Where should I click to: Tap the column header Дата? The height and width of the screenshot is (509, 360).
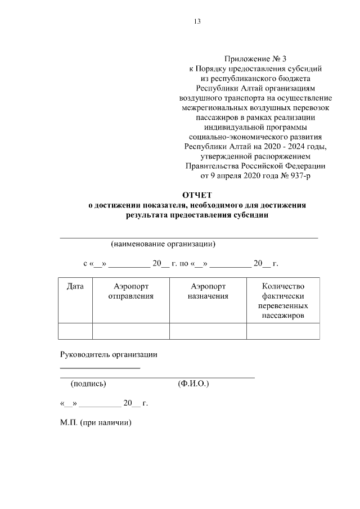pos(75,286)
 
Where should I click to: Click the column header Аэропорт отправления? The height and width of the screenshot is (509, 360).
pos(130,291)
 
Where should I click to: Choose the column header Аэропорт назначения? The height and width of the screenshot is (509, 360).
pos(208,291)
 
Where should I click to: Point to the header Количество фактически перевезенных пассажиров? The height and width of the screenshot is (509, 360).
pos(283,301)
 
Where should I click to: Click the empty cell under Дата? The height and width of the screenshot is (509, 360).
pos(75,331)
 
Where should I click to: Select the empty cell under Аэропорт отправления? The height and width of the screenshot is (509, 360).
pos(130,331)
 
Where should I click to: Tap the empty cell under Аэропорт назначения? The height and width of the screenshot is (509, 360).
pos(208,331)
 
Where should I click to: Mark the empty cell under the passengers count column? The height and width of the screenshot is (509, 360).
pos(283,331)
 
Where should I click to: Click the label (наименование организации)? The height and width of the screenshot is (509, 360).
pos(164,244)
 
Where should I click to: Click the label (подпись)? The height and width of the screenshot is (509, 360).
pos(88,384)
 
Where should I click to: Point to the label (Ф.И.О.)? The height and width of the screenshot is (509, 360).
pos(193,384)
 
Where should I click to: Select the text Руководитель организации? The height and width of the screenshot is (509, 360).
pos(109,354)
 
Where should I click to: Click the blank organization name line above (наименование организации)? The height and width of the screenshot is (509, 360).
pos(189,238)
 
